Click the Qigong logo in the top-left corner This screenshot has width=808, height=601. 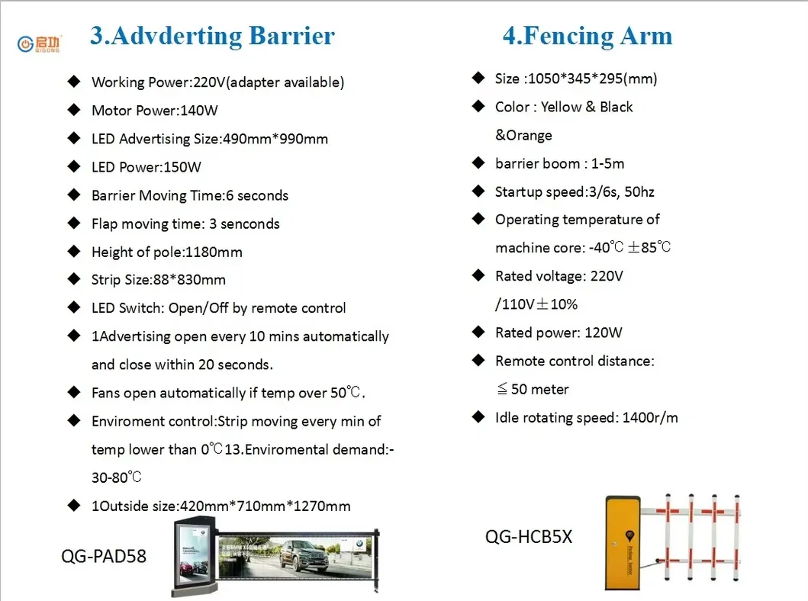click(39, 43)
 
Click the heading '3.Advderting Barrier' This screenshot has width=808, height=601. click(212, 36)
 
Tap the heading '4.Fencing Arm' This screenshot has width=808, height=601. click(587, 36)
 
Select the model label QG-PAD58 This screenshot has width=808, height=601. click(103, 556)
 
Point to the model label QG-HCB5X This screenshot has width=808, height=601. click(528, 537)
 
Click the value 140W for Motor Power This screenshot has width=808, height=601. click(198, 111)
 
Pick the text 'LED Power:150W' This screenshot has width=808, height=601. click(146, 167)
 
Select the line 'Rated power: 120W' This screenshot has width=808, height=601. click(559, 333)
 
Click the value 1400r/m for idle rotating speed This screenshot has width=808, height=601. click(650, 417)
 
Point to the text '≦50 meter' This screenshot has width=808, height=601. click(533, 389)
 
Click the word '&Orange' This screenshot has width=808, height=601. click(523, 135)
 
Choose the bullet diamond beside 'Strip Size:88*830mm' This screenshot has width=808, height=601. click(74, 279)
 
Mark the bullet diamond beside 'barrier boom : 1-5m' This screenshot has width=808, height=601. click(478, 162)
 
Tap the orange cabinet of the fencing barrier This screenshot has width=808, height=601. click(622, 542)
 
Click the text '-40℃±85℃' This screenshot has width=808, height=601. click(629, 248)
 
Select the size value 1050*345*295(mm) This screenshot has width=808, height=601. click(591, 79)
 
